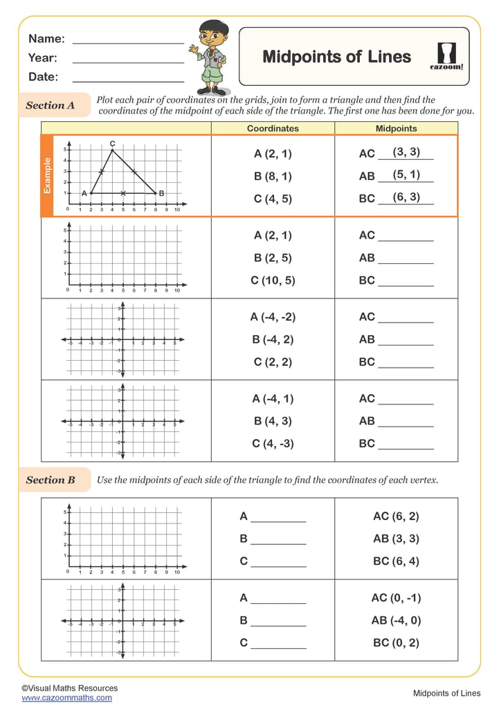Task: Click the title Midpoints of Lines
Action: pyautogui.click(x=336, y=57)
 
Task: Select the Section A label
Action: pyautogui.click(x=51, y=106)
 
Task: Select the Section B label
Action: pyautogui.click(x=51, y=480)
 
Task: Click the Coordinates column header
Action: pyautogui.click(x=273, y=128)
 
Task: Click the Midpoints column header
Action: pyautogui.click(x=396, y=128)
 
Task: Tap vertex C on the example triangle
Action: pyautogui.click(x=112, y=150)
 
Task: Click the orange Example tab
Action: pyautogui.click(x=48, y=175)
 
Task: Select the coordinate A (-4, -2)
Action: pyautogui.click(x=273, y=317)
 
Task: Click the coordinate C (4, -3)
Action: pyautogui.click(x=273, y=443)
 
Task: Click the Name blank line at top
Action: pyautogui.click(x=128, y=43)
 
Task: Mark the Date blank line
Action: pyautogui.click(x=128, y=82)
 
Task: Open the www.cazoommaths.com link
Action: pyautogui.click(x=66, y=698)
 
